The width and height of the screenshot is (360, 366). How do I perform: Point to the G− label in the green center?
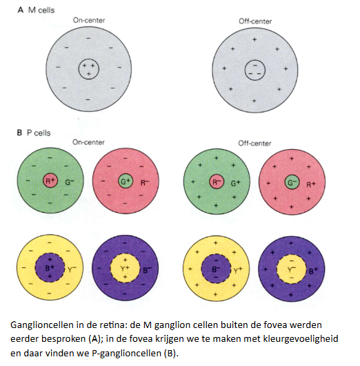pos(292,183)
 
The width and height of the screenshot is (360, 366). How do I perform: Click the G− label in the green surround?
pos(70,184)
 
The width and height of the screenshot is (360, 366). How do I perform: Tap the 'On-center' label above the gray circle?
pos(89,21)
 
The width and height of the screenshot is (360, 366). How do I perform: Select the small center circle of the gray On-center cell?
pos(87,68)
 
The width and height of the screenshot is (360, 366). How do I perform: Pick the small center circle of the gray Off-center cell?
pos(253,68)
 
